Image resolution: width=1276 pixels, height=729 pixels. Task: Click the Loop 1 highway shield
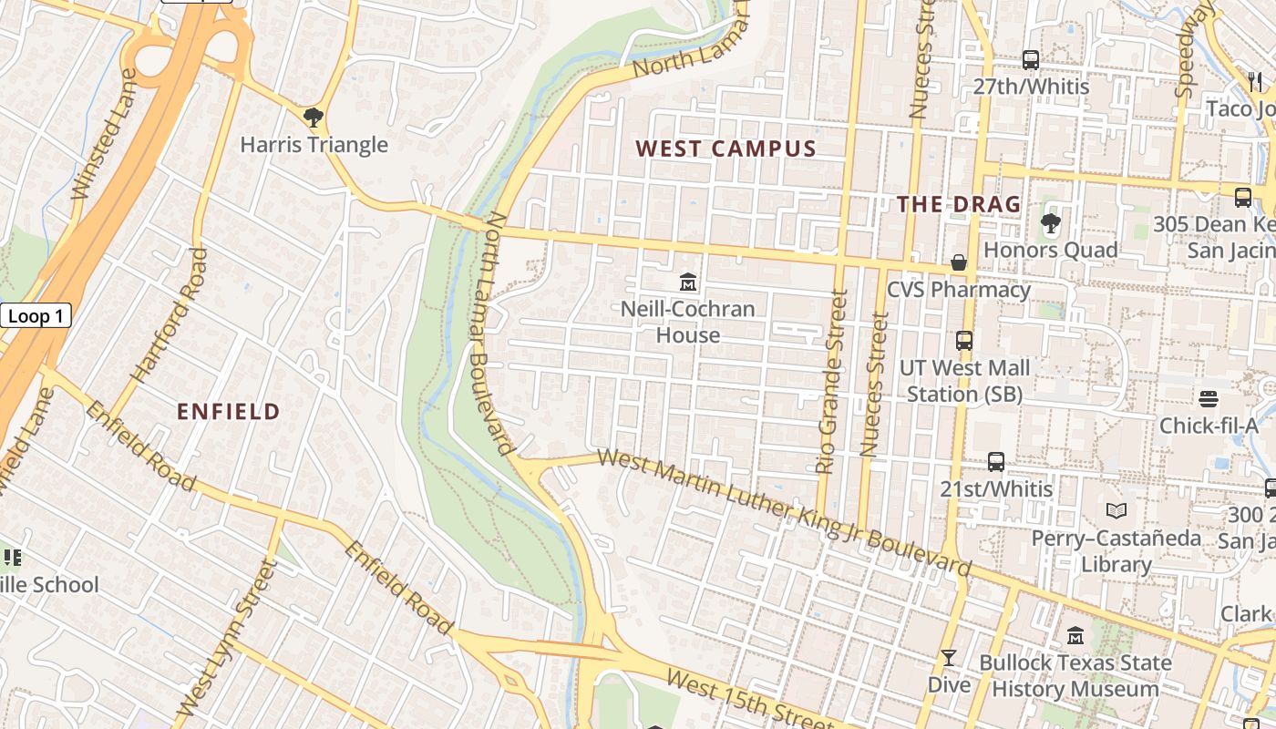coord(36,316)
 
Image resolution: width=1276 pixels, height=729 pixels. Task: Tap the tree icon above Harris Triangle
coord(314,118)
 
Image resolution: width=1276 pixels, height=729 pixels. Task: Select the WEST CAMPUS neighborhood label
coord(725,149)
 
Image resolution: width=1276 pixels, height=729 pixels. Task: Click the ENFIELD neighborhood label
coord(228,411)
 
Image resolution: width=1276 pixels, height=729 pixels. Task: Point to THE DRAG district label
coord(958,204)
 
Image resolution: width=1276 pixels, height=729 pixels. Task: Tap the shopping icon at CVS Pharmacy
coord(959,262)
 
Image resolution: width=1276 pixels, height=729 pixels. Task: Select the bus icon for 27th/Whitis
coord(1031,60)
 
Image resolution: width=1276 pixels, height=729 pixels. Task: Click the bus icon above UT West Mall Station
coord(964,341)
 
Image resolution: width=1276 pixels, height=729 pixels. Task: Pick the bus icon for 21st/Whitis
coord(996,462)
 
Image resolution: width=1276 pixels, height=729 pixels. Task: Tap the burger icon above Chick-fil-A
coord(1209,398)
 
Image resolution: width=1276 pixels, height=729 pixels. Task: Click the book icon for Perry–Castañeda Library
coord(1116,510)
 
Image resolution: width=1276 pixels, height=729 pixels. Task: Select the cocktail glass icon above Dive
coord(949,657)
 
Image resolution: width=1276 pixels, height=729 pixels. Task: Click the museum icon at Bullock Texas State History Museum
coord(1075,635)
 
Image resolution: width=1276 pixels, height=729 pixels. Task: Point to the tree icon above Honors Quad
coord(1050,222)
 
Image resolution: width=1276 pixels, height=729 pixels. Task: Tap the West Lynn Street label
coord(227,638)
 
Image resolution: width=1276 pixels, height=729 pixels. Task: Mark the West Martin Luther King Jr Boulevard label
coord(784,512)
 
